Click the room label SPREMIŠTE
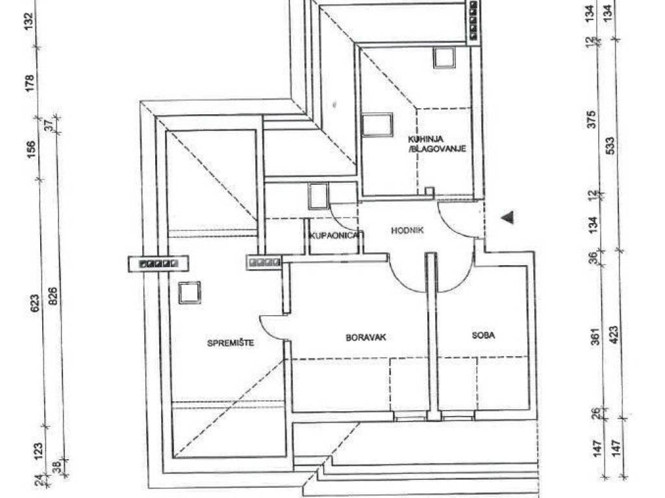click(231, 342)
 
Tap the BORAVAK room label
click(366, 337)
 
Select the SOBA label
click(483, 335)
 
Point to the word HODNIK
click(407, 230)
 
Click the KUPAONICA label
click(336, 236)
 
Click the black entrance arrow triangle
click(508, 217)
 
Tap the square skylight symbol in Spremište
click(189, 292)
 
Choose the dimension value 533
click(611, 147)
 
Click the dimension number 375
click(593, 119)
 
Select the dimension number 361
click(596, 337)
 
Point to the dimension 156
click(32, 150)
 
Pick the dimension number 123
click(38, 451)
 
